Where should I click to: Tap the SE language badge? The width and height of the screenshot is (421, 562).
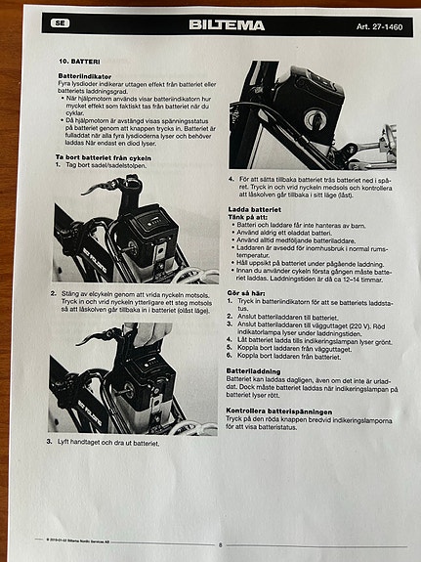(61, 22)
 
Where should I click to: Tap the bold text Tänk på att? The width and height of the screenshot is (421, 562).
(251, 217)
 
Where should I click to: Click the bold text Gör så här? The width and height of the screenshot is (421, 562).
(250, 293)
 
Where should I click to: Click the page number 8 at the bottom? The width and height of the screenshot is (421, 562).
(220, 544)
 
